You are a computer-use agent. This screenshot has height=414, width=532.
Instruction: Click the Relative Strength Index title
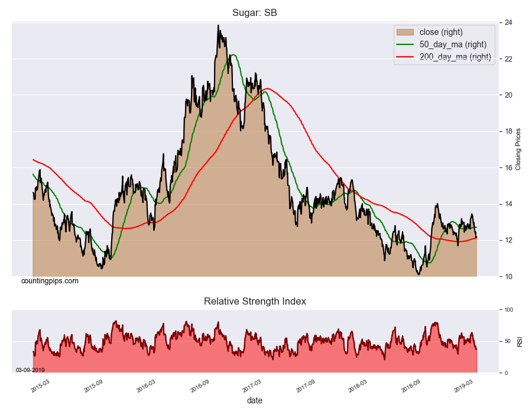click(x=255, y=301)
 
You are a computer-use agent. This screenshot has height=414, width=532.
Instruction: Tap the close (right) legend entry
click(x=440, y=31)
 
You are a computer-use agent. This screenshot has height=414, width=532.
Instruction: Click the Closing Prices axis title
click(x=518, y=149)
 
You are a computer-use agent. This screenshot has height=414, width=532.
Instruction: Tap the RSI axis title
click(x=520, y=341)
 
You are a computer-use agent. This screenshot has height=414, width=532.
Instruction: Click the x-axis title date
click(x=255, y=400)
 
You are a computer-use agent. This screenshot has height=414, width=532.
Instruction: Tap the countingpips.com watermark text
click(x=50, y=281)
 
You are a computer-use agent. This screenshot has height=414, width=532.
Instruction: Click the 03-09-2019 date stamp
click(x=30, y=370)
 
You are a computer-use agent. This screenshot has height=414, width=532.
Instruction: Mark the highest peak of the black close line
click(x=218, y=25)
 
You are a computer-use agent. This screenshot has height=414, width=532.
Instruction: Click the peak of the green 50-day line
click(x=233, y=55)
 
